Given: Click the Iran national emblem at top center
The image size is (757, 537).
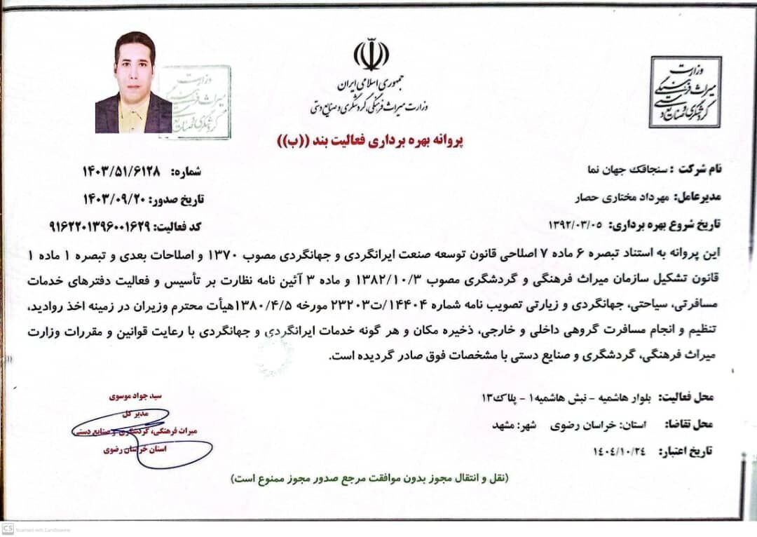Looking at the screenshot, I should pos(371,55).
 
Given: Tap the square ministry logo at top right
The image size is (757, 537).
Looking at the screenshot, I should pos(684,92).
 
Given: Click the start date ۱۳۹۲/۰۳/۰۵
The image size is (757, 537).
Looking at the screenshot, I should pos(576,226).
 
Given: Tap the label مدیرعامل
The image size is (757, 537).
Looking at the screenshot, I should pos(697,198).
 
